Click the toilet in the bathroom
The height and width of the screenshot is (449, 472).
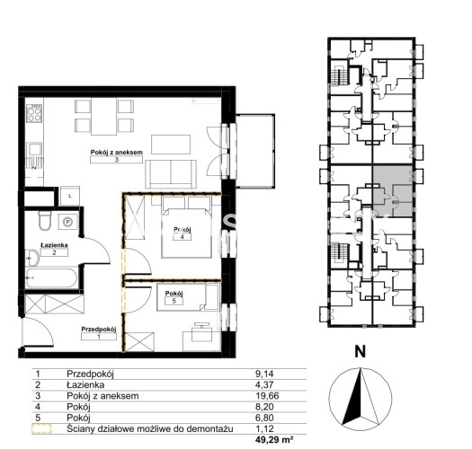point(45,220)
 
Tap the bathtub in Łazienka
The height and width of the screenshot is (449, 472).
point(51,277)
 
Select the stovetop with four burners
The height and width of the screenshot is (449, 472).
point(34,113)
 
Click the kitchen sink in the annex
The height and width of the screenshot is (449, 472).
point(34,155)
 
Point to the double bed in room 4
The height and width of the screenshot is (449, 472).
point(186,227)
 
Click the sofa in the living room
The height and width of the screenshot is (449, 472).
point(171,174)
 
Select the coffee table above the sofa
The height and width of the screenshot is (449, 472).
point(171,145)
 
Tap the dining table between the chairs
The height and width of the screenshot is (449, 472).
point(104,117)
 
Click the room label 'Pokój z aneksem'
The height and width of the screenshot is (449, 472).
point(117,153)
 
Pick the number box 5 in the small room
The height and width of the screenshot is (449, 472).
point(174,301)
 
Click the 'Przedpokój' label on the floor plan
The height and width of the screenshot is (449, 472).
point(99,330)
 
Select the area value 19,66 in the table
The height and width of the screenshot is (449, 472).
point(267,396)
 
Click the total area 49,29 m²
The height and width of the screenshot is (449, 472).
point(274,440)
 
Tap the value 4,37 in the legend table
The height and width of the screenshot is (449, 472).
point(264,384)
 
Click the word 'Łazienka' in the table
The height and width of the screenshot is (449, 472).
point(85,384)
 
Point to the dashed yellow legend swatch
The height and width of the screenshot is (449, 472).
point(41,429)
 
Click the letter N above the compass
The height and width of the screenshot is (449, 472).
point(360,351)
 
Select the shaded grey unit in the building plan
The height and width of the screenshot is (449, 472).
point(393,191)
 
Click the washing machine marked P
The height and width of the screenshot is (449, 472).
point(68,222)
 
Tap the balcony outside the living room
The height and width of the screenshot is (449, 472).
point(255,151)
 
